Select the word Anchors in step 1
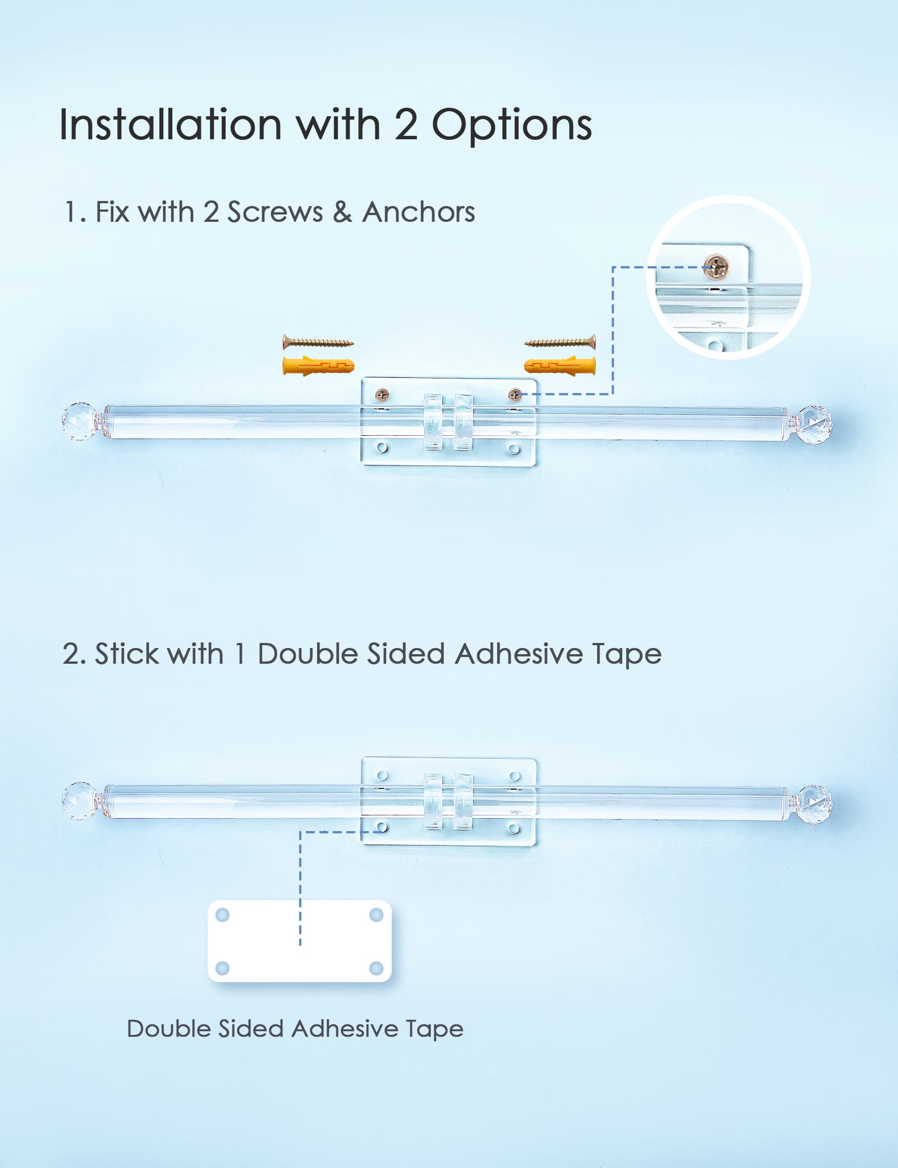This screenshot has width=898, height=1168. click(x=418, y=212)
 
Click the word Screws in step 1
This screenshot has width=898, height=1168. click(x=275, y=212)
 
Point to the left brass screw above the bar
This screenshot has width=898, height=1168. click(x=318, y=342)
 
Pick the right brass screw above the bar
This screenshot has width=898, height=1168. click(x=560, y=342)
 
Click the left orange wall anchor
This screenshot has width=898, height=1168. click(x=318, y=366)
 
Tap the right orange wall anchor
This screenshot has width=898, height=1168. click(x=560, y=366)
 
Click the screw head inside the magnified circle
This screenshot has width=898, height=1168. click(x=717, y=268)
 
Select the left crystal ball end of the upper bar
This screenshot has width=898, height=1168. click(x=80, y=421)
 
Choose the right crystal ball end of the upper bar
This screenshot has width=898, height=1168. click(x=814, y=425)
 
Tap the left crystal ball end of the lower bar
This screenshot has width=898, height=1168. click(x=80, y=801)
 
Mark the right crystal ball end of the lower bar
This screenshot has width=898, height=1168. click(x=814, y=804)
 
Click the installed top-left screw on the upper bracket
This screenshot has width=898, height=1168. click(x=382, y=395)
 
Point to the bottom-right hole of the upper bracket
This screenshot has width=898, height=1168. click(x=513, y=449)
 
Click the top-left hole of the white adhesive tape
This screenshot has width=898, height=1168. click(x=222, y=915)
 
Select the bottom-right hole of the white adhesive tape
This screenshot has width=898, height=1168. click(x=376, y=968)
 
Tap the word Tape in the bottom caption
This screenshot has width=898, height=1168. click(x=434, y=1029)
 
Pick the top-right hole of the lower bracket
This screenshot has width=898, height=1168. click(x=515, y=776)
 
